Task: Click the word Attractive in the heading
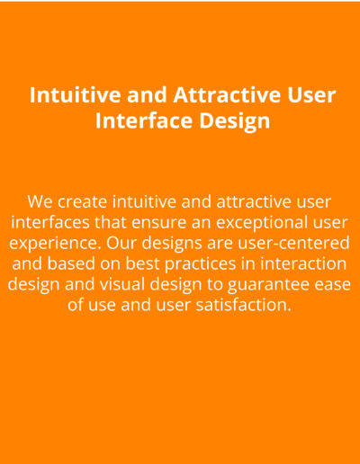(x=228, y=94)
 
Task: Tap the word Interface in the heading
(x=144, y=120)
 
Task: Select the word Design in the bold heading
(x=235, y=121)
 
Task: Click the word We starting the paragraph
(x=40, y=201)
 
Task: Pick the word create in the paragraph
(x=82, y=202)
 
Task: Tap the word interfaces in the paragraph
(x=50, y=222)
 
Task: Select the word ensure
(x=159, y=224)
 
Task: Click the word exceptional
(x=262, y=224)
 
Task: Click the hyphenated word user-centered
(x=293, y=243)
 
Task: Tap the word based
(x=71, y=263)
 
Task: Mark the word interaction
(x=303, y=263)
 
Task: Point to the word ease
(x=333, y=285)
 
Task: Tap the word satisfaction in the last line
(x=244, y=305)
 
